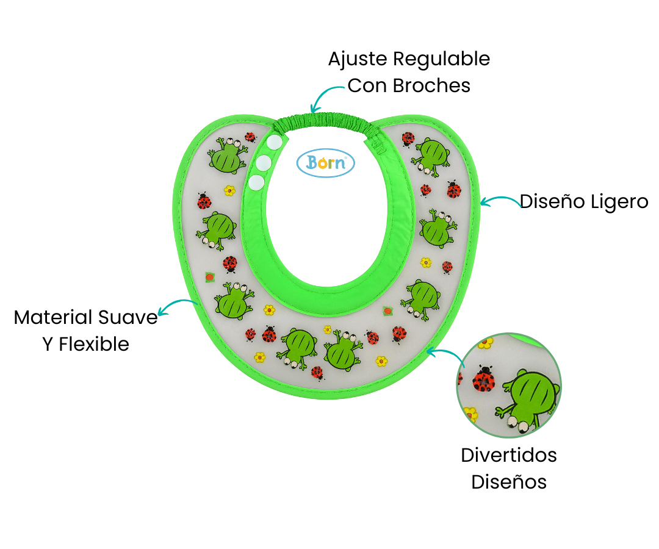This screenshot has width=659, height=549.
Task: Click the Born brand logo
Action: [x=325, y=163]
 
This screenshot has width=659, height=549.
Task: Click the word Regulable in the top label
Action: [x=441, y=59]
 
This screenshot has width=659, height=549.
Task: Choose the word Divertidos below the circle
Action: [x=509, y=455]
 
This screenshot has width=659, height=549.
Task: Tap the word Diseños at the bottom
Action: [x=509, y=482]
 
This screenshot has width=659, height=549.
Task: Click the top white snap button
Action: [x=276, y=142]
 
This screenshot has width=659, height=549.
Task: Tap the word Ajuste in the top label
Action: [x=358, y=59]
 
